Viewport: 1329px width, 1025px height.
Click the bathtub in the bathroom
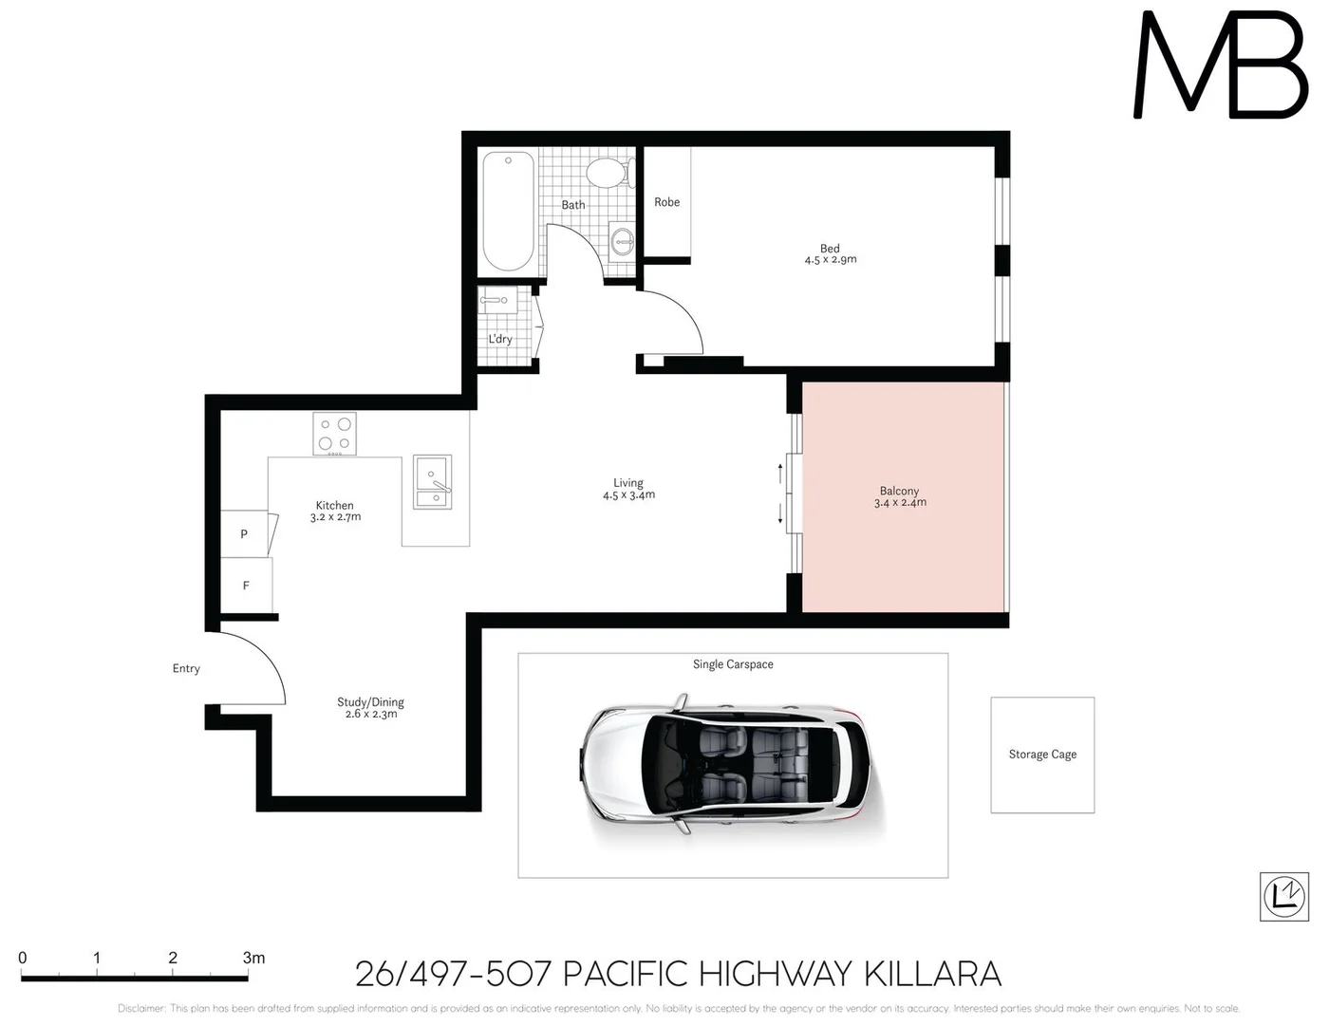click(508, 212)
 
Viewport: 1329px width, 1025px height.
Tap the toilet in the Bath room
click(607, 173)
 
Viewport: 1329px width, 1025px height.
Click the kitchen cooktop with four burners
click(334, 435)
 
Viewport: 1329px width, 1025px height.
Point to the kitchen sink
click(433, 482)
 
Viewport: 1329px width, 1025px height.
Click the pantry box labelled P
click(244, 534)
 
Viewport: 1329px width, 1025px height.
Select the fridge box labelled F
click(246, 586)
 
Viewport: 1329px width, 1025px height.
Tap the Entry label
click(186, 668)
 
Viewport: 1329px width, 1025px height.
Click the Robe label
click(666, 202)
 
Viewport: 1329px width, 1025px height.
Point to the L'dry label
click(500, 339)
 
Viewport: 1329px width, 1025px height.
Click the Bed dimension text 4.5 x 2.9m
click(831, 260)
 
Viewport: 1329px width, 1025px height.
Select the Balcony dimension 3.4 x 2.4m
click(900, 503)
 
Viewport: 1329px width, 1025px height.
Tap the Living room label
click(627, 482)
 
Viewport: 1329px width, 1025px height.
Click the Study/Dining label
click(370, 702)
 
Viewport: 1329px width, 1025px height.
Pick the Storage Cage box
click(1042, 755)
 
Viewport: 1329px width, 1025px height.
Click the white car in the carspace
click(725, 765)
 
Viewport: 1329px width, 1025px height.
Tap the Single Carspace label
click(733, 664)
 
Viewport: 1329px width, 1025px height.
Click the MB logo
click(1221, 66)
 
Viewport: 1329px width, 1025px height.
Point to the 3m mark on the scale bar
click(253, 959)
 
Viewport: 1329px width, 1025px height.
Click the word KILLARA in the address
click(932, 974)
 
